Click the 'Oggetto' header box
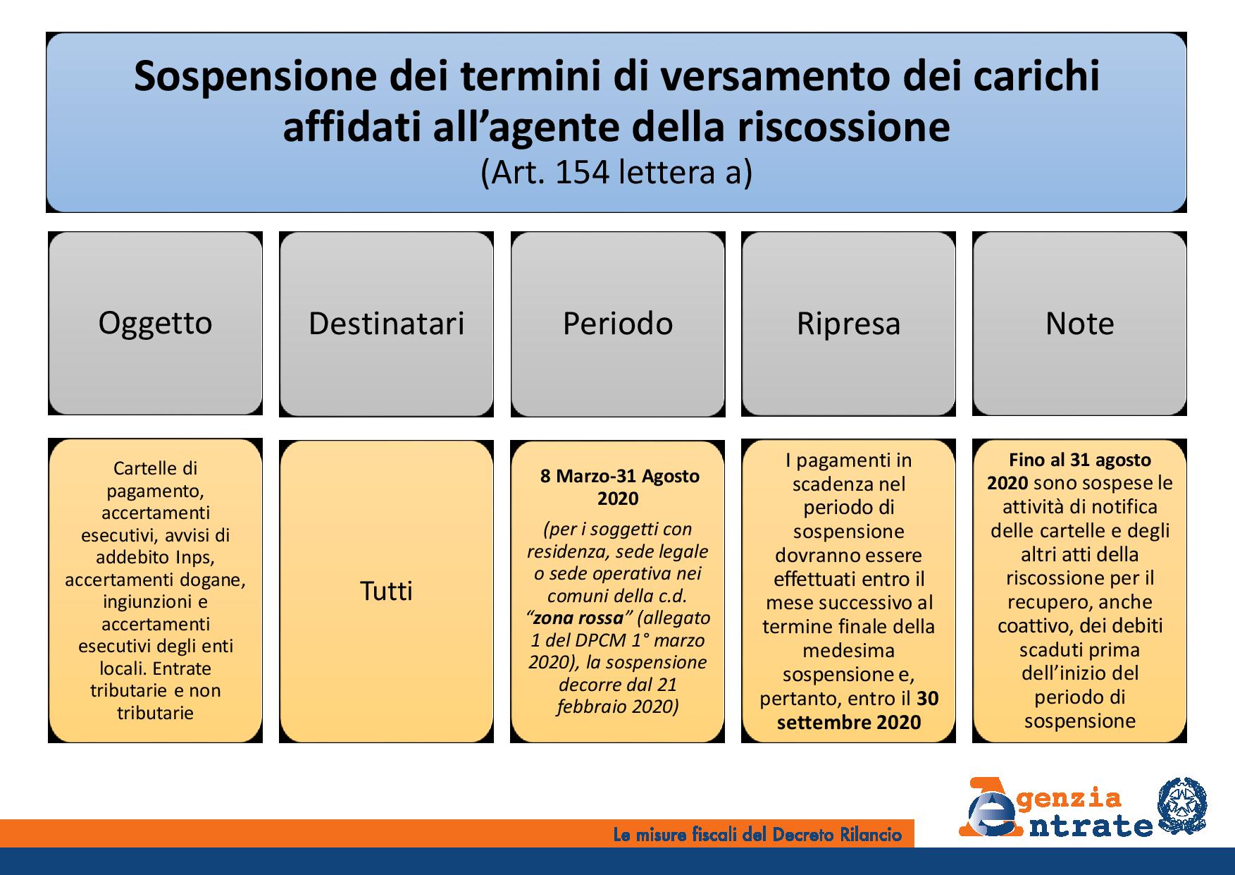coord(155,324)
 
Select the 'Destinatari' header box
coord(386,324)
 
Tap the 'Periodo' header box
coord(618,324)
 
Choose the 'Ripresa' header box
coord(848,324)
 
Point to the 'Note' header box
coord(1079,324)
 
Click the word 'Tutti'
coord(386,591)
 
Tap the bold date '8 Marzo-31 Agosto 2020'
coord(619,487)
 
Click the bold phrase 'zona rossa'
coord(578,618)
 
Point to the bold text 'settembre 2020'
coord(849,722)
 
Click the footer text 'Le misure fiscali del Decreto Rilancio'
coord(757,836)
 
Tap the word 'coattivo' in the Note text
coord(1031,626)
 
